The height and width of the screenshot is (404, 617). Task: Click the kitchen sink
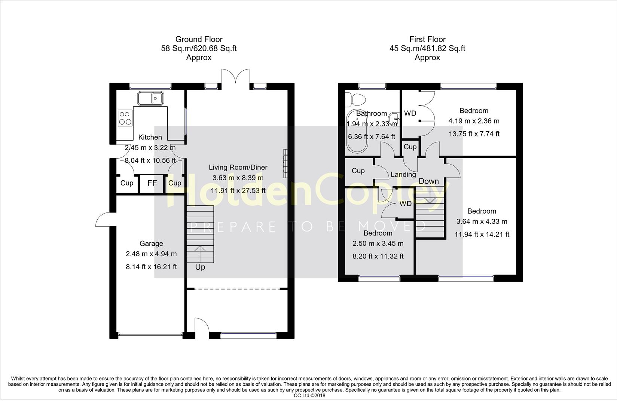(x=150, y=98)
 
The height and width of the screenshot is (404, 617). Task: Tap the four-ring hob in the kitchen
(x=125, y=118)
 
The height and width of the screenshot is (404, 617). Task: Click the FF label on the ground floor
(x=152, y=183)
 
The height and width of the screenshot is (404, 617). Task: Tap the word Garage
(x=151, y=244)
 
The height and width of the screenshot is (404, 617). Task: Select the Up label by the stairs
(x=200, y=267)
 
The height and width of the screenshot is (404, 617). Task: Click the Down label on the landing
(x=429, y=181)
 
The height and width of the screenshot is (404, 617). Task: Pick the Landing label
(x=403, y=175)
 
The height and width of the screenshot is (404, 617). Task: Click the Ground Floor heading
(x=199, y=39)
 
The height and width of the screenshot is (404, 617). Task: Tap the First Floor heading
(x=428, y=39)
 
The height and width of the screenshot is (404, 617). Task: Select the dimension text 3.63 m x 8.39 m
(x=238, y=178)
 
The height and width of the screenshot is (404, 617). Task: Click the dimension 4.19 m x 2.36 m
(x=474, y=121)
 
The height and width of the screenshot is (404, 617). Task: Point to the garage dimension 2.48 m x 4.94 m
(x=151, y=254)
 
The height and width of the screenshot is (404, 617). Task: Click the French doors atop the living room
(x=235, y=76)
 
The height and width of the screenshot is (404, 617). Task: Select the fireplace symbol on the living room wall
(x=285, y=164)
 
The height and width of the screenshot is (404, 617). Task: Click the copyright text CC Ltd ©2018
(x=309, y=396)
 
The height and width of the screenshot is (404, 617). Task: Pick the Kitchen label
(x=150, y=137)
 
